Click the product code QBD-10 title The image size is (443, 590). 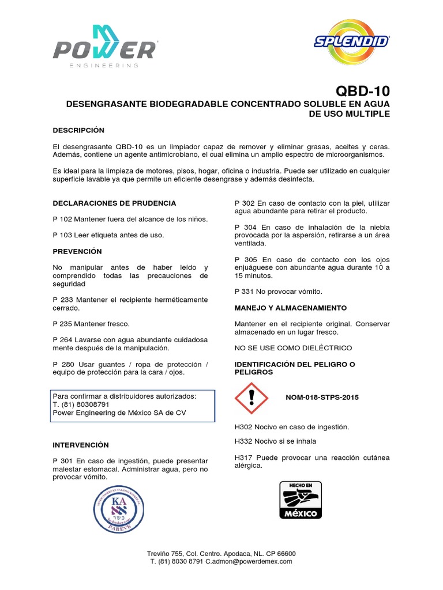pyautogui.click(x=362, y=92)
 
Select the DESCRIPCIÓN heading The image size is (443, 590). pyautogui.click(x=78, y=130)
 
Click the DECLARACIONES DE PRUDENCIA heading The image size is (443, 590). pyautogui.click(x=114, y=203)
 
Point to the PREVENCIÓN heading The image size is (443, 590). pyautogui.click(x=77, y=251)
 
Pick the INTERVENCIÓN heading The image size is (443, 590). pyautogui.click(x=80, y=445)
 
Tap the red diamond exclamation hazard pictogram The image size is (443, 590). pyautogui.click(x=251, y=398)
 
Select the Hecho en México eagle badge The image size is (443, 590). pyautogui.click(x=301, y=500)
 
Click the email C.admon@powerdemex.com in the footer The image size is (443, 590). pyautogui.click(x=249, y=561)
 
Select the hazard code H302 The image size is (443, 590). pyautogui.click(x=244, y=427)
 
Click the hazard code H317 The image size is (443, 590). pyautogui.click(x=244, y=457)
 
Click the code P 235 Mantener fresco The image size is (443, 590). pyautogui.click(x=91, y=324)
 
